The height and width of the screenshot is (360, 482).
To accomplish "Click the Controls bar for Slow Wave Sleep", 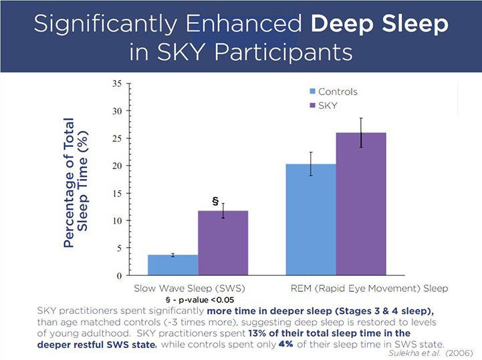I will click(172, 264).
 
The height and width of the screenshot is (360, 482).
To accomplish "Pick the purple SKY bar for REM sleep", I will click(361, 204).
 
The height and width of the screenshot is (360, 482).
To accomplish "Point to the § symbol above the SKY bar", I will click(215, 200).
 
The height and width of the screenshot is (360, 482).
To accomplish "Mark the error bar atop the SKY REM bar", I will click(361, 132).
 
